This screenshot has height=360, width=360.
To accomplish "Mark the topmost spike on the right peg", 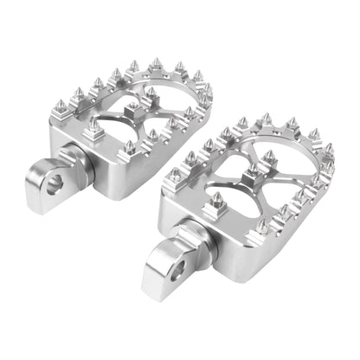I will click(267, 118).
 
